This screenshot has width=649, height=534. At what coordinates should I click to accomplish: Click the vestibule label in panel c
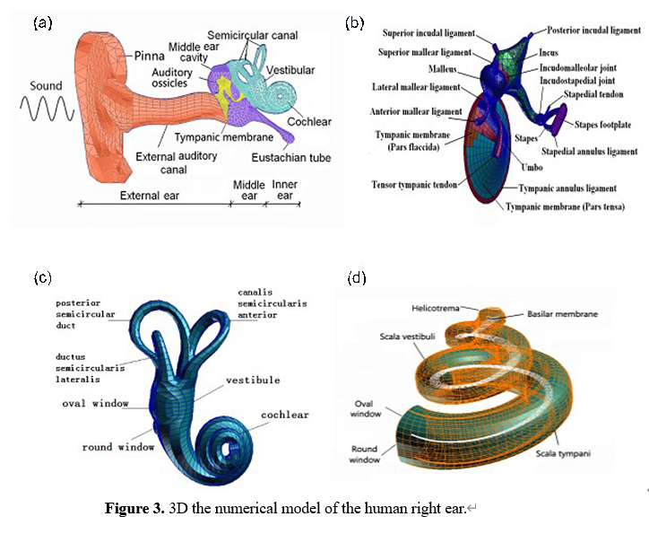coord(253,381)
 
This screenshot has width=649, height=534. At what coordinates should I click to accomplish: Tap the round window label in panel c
coord(117,447)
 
